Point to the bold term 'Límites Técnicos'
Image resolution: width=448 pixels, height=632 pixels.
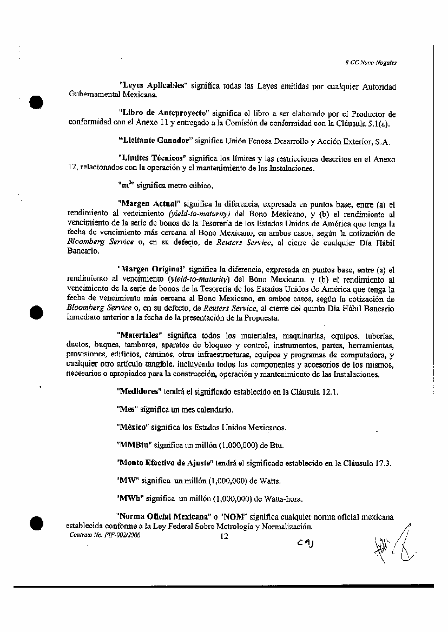[x=151, y=159]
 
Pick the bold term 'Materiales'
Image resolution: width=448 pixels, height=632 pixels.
[x=140, y=335]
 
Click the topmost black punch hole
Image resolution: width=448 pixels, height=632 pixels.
[x=37, y=103]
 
